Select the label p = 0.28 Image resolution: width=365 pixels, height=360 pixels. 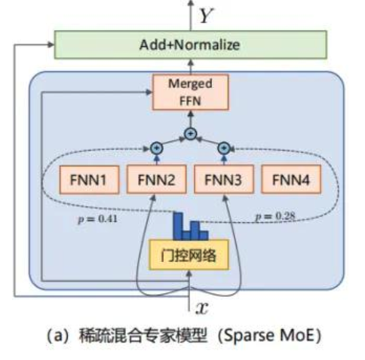275,218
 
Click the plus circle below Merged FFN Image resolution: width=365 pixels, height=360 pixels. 190,133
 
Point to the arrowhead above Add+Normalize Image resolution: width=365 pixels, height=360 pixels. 189,5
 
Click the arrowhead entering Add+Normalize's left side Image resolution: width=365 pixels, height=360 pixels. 51,44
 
